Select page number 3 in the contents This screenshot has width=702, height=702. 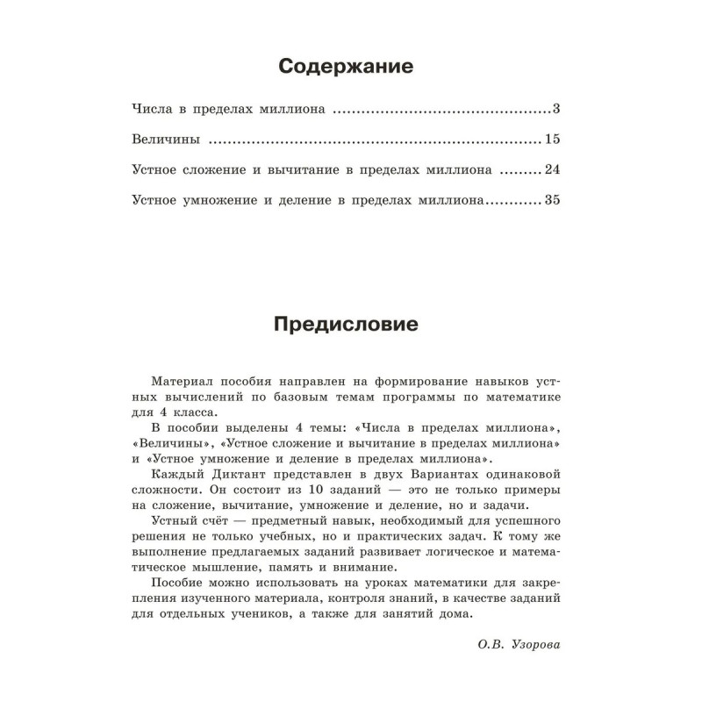(x=556, y=110)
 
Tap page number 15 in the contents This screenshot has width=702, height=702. (x=552, y=140)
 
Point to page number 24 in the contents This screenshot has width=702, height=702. (x=552, y=169)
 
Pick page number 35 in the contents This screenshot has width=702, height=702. (x=552, y=199)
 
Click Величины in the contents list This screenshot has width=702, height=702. (x=164, y=140)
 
